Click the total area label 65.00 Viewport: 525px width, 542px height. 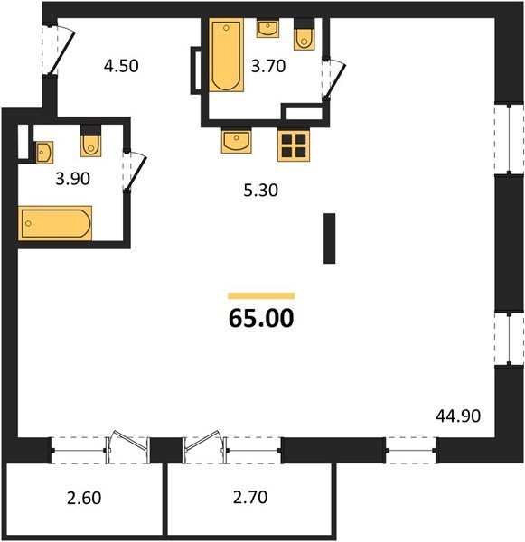click(261, 318)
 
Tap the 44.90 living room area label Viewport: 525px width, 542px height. click(458, 416)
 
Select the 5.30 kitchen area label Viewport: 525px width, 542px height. click(261, 191)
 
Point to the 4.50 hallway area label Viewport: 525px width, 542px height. click(121, 66)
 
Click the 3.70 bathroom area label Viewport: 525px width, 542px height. click(268, 66)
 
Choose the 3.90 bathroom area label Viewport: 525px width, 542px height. click(73, 179)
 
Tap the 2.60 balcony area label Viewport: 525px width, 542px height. click(84, 498)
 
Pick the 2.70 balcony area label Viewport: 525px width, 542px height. click(250, 498)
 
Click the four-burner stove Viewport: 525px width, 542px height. click(294, 145)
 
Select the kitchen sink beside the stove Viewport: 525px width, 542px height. click(236, 141)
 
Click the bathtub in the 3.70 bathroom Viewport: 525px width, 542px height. click(226, 55)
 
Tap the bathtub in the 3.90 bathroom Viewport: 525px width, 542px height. click(55, 223)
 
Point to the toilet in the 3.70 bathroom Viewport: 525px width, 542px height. click(304, 34)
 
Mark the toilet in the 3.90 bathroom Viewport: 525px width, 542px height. click(91, 141)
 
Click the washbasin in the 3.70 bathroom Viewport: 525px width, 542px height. click(268, 28)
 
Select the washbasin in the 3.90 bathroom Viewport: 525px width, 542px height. click(44, 152)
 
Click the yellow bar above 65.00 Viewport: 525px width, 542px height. click(261, 296)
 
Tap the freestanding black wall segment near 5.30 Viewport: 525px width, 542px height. click(329, 238)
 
